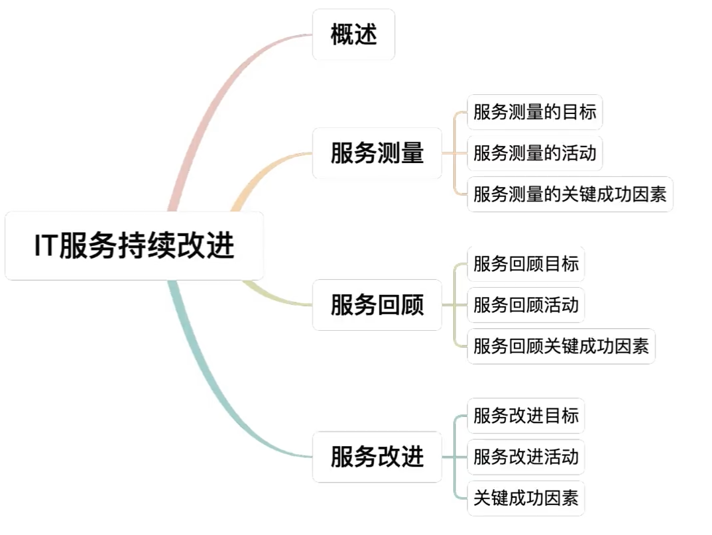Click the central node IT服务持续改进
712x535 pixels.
tap(134, 246)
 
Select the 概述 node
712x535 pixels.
tap(353, 34)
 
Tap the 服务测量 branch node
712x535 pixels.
tap(377, 153)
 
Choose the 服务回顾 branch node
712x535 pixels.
tap(377, 305)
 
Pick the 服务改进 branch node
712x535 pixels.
tap(377, 457)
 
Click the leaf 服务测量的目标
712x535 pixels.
tap(534, 112)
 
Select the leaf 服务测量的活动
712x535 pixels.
tap(534, 153)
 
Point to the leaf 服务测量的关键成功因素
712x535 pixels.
tap(569, 194)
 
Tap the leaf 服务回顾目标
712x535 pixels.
tap(526, 264)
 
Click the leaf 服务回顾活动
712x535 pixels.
tap(526, 305)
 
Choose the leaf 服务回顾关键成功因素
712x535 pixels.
tap(561, 346)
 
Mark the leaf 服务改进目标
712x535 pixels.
tap(526, 416)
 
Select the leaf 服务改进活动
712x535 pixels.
tap(526, 457)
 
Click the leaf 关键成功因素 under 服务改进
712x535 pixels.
tap(526, 498)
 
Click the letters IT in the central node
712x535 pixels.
tap(46, 246)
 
